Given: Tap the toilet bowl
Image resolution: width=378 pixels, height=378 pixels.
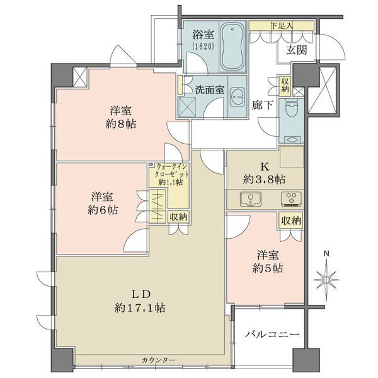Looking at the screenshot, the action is click(x=292, y=108).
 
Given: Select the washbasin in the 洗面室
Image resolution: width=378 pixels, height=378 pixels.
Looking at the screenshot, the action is click(x=238, y=96).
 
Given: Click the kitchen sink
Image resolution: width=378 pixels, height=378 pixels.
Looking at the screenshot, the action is click(x=251, y=199).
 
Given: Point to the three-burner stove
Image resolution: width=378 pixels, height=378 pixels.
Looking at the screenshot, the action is click(x=292, y=198).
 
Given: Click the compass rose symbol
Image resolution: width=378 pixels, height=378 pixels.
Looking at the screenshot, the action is click(x=326, y=279).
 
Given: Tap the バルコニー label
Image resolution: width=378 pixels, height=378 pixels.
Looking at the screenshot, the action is click(x=272, y=335).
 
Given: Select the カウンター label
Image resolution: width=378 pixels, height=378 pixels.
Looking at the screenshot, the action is click(x=158, y=360).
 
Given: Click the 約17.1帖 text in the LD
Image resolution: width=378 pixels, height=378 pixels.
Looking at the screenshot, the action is click(x=140, y=308).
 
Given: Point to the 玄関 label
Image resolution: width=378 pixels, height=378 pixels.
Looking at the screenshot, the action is click(x=296, y=50).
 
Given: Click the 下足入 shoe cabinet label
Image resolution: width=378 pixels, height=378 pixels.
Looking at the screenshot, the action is click(x=282, y=26).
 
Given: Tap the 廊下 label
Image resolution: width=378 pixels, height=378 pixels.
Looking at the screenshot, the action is click(x=263, y=105).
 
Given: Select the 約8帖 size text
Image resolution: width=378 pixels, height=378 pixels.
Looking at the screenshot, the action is click(x=121, y=124).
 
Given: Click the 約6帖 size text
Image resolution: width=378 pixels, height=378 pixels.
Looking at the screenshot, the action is click(x=103, y=210).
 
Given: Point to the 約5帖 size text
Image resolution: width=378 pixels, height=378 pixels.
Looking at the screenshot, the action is click(x=268, y=268).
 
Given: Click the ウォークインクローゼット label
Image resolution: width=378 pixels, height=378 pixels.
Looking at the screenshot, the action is click(x=171, y=170).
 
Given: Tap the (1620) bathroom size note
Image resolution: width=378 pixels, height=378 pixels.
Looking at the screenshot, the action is click(x=203, y=47).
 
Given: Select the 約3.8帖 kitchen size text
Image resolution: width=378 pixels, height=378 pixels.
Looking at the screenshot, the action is click(x=265, y=180).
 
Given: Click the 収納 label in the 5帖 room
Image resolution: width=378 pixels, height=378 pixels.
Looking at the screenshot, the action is click(x=292, y=220).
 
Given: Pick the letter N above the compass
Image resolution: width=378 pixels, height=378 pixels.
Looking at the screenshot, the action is click(x=326, y=254).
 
